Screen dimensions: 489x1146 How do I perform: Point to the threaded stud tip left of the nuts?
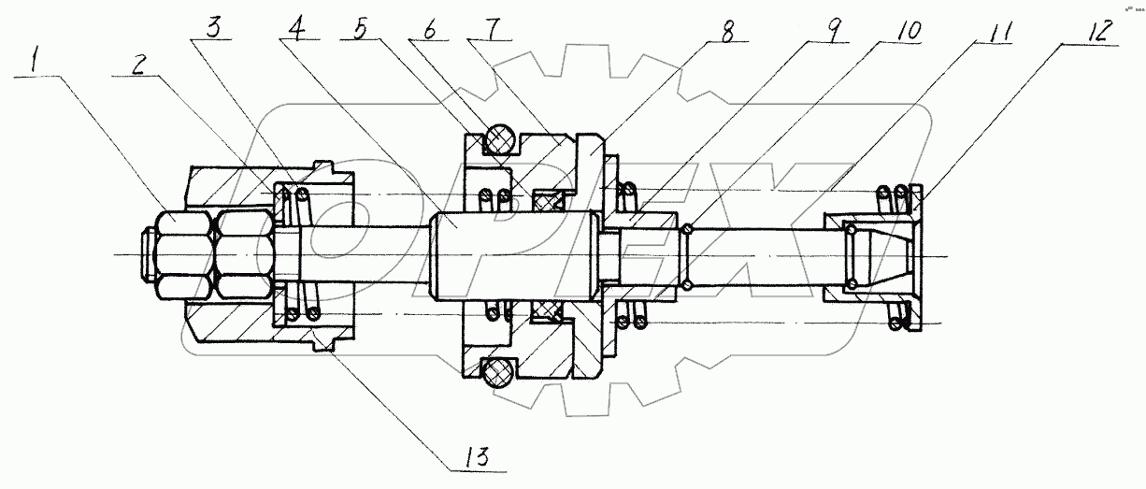point(146,253)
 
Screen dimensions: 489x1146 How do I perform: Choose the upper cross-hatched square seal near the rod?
point(548,198)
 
